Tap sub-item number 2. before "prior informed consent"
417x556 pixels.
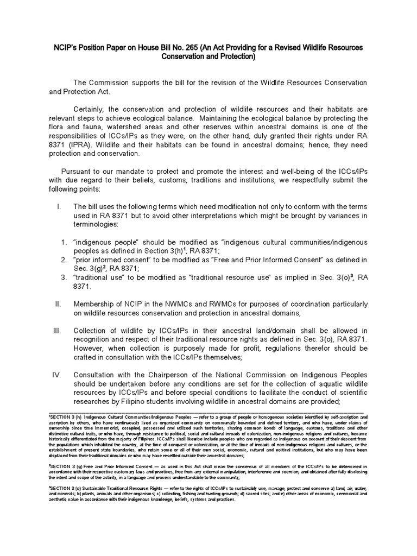64,260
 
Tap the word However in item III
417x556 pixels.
90,349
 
